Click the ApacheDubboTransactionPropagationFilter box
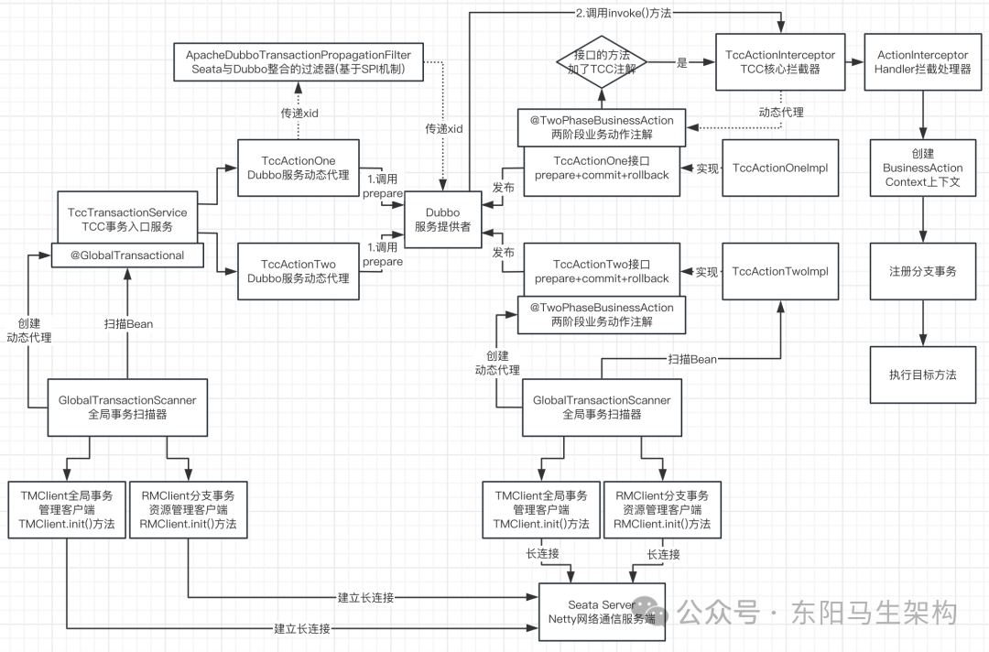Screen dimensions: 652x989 [298, 61]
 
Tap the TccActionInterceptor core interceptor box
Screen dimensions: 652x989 [780, 62]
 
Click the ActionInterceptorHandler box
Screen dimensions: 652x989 [922, 62]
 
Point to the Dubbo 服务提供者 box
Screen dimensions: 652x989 [442, 220]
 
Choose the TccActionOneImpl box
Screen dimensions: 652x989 [780, 168]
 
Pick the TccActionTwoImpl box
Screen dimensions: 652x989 [780, 271]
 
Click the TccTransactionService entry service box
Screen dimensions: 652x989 [127, 220]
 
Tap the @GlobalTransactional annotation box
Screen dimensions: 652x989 [127, 255]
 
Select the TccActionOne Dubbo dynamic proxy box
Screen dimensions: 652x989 [299, 168]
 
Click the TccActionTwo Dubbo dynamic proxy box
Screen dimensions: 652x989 [299, 271]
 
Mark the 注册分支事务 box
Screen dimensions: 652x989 [922, 272]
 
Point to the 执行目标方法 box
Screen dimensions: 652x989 [922, 375]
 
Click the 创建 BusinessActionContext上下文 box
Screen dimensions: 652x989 [922, 168]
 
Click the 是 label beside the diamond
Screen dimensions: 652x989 [681, 62]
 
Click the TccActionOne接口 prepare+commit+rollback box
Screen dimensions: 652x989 [602, 168]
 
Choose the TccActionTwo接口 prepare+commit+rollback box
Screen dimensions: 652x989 [602, 271]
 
